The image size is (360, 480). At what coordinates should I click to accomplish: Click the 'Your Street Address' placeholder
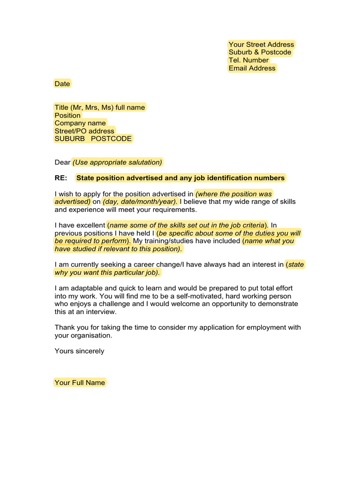coord(261,45)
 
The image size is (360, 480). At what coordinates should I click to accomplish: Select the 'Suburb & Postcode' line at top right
coord(260,52)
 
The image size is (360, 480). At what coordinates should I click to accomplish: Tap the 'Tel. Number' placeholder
coord(248,60)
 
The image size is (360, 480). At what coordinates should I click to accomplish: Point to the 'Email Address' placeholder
coord(252,68)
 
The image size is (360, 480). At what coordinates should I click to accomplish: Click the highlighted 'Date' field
coord(62,84)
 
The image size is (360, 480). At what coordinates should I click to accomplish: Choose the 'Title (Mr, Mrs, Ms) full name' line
coord(99,107)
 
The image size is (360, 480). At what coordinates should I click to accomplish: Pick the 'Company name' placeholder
coord(80,123)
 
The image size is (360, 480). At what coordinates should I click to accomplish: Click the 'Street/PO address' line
coord(84,131)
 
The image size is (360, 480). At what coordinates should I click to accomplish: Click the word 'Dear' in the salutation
coord(62,162)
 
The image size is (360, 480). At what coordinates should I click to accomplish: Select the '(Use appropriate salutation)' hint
coord(117,162)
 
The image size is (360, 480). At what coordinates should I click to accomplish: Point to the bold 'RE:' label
coord(61,178)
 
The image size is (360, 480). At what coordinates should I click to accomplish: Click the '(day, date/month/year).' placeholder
coord(140,202)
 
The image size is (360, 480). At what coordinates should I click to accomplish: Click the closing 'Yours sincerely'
coord(79,351)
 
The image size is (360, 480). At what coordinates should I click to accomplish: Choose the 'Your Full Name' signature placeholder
coord(80,382)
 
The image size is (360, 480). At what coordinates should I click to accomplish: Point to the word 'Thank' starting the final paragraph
coord(64,328)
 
